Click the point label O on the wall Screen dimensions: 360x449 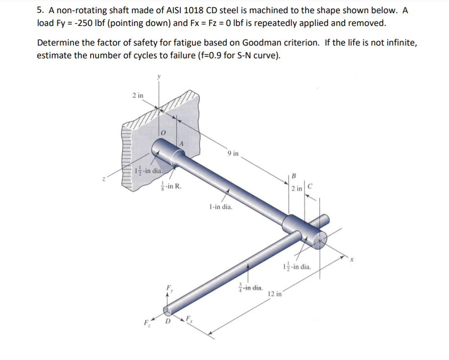point(165,133)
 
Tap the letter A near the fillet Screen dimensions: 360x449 point(182,144)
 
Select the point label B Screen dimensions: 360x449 point(293,176)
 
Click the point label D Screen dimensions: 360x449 point(168,322)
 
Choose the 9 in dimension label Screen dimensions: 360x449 point(233,154)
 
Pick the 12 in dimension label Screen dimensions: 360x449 point(275,294)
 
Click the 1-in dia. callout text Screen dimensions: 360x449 point(220,207)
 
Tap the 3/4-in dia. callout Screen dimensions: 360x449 point(250,288)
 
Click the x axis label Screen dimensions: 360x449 point(351,259)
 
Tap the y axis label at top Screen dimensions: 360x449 point(158,76)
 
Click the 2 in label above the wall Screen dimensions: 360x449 point(138,95)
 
